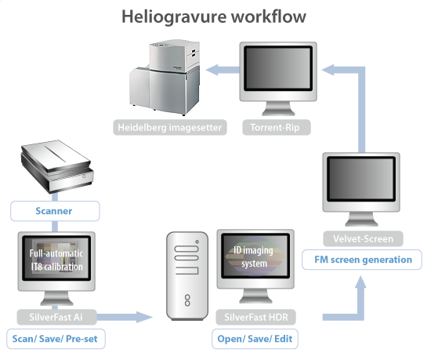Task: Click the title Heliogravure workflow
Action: tap(213, 16)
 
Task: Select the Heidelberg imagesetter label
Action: tap(169, 127)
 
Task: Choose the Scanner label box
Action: tap(54, 210)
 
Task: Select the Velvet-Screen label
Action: tap(362, 238)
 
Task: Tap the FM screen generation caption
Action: tap(362, 259)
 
